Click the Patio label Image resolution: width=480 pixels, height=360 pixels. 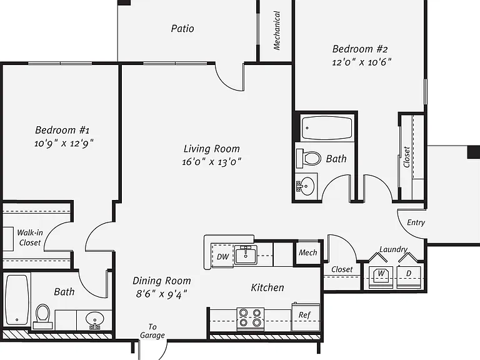coord(182,29)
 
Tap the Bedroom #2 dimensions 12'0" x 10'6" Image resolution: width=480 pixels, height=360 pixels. coord(361,62)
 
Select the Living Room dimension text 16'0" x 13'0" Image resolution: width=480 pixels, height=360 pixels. coord(211,162)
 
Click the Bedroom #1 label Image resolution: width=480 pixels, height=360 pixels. coord(62,130)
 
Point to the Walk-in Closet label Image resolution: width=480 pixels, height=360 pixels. coord(30,237)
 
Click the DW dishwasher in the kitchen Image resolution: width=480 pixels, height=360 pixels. coord(222,256)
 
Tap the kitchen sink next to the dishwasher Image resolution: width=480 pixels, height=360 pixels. coord(246,254)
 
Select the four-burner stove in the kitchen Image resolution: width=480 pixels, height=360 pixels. coord(251,319)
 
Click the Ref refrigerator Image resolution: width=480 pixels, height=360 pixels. coord(305,317)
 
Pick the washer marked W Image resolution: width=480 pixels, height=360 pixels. coord(381,277)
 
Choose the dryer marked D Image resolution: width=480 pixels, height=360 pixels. coord(409,277)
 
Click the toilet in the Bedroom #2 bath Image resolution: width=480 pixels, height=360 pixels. coord(309,158)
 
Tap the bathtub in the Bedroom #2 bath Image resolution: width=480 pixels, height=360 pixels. coord(327,127)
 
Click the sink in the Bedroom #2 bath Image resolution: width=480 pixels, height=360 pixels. coord(306,184)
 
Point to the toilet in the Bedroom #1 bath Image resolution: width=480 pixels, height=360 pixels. coord(42,316)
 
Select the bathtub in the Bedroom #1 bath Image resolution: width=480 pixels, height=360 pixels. coord(17,300)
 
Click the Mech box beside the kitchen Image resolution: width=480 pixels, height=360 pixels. coord(308,252)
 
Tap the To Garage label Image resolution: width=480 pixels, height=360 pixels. coord(152,331)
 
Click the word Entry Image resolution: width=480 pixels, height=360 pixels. coord(416,222)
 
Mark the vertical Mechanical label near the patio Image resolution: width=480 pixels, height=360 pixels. coord(277,31)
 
